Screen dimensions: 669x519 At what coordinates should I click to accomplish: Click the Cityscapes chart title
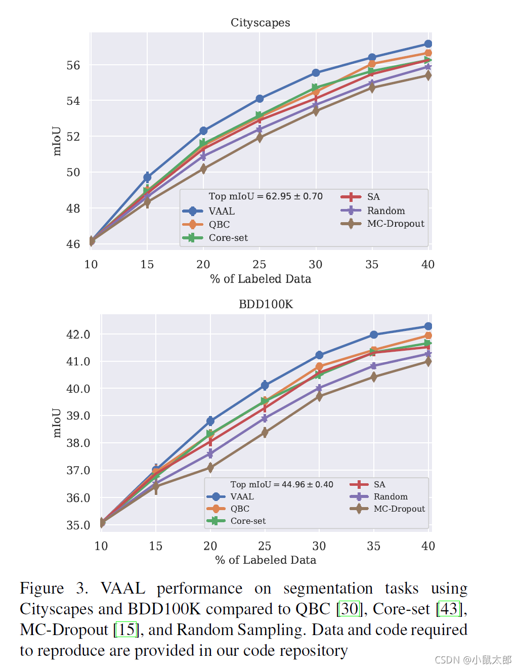[x=260, y=23]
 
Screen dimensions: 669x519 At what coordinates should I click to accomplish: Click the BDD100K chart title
[x=266, y=304]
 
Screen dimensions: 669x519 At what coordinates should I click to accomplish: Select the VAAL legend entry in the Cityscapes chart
[x=222, y=211]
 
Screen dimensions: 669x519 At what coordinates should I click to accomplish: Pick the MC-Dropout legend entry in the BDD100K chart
[x=399, y=509]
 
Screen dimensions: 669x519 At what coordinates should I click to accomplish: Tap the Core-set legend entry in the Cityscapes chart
[x=228, y=238]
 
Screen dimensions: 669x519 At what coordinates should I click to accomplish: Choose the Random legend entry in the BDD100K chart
[x=391, y=496]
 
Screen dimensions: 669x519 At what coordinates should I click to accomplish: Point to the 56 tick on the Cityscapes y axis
[x=73, y=65]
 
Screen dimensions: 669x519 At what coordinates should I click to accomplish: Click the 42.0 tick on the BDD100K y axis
[x=78, y=334]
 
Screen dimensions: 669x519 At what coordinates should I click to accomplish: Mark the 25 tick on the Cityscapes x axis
[x=259, y=264]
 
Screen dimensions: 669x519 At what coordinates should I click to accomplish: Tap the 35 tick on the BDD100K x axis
[x=374, y=546]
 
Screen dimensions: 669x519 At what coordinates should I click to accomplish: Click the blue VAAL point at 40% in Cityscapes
[x=428, y=44]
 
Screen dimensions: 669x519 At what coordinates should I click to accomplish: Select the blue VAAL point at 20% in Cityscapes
[x=203, y=131]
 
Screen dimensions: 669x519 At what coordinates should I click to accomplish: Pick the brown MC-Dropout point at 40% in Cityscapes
[x=428, y=75]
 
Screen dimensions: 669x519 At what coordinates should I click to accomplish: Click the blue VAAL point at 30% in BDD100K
[x=319, y=355]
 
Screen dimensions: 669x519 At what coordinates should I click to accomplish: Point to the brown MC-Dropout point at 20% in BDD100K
[x=210, y=468]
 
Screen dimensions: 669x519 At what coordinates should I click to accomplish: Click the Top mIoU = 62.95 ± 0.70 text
[x=266, y=196]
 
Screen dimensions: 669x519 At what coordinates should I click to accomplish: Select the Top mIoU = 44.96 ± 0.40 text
[x=282, y=484]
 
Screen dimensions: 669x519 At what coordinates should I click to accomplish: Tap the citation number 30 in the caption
[x=349, y=609]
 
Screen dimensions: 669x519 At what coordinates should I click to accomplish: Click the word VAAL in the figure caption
[x=123, y=589]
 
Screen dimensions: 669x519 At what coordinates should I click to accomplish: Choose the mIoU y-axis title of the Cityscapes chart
[x=57, y=141]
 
